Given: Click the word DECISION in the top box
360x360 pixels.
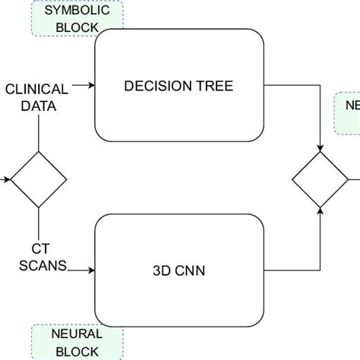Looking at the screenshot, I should pos(150,86).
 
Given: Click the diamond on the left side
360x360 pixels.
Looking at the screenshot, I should pos(38,180).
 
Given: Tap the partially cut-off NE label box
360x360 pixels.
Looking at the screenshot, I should pos(348,110).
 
